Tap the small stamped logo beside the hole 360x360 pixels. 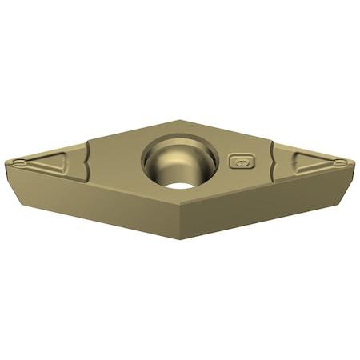[238, 161]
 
